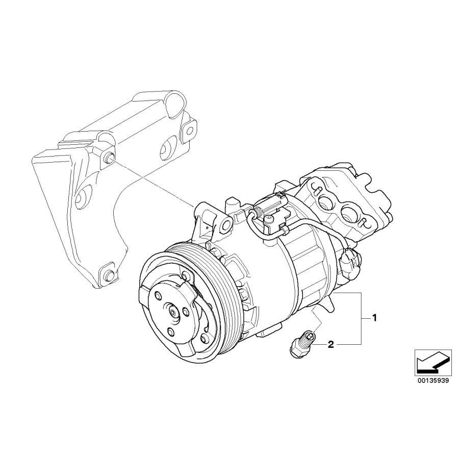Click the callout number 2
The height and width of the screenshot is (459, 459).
[330, 345]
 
